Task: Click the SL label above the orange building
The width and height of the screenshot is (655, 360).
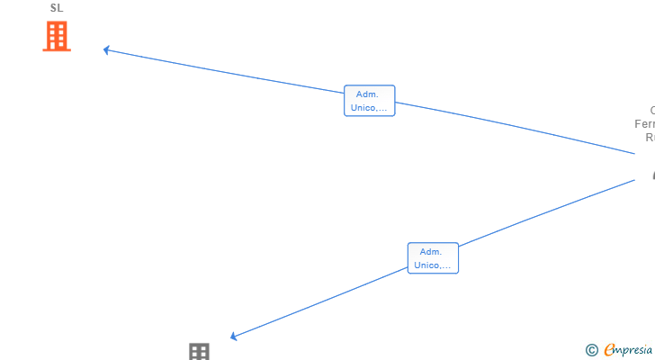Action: click(x=57, y=8)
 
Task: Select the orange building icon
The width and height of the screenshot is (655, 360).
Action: click(x=57, y=37)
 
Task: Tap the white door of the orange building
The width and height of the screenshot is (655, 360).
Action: click(x=57, y=46)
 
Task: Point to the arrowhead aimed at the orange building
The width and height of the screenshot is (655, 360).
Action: click(x=106, y=49)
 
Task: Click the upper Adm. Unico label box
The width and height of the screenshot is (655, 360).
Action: click(x=369, y=101)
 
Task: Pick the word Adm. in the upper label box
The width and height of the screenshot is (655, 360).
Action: click(x=367, y=94)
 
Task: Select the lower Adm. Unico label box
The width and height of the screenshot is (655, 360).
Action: click(x=433, y=258)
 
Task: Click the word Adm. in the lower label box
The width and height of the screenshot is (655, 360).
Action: click(x=431, y=251)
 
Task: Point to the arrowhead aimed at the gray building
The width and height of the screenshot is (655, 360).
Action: click(x=233, y=337)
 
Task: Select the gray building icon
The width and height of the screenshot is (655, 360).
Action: click(x=199, y=352)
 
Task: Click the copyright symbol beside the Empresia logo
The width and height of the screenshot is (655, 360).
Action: click(x=591, y=350)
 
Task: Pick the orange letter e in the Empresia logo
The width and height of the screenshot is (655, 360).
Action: click(x=610, y=350)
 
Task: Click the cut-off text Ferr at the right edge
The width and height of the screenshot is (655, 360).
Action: click(x=645, y=124)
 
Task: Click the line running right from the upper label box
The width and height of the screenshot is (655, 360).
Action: click(x=513, y=129)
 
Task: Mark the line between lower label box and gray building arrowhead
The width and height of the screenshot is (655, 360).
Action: click(x=319, y=302)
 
